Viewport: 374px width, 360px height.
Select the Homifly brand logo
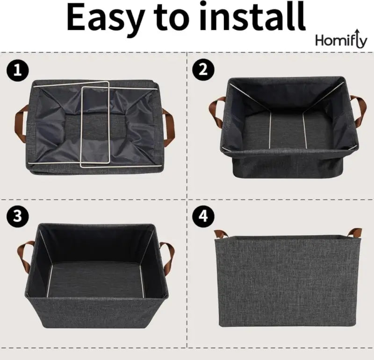(x=341, y=41)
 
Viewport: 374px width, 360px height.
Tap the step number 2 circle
(x=202, y=70)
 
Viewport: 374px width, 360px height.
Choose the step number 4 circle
(x=202, y=216)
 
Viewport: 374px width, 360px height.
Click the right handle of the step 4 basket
(x=354, y=232)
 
